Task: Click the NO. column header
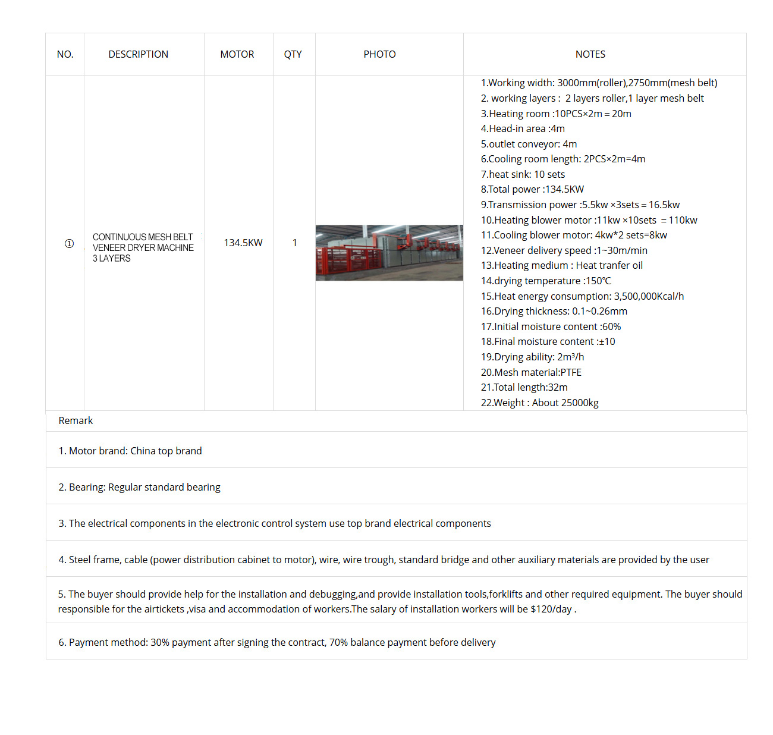65,54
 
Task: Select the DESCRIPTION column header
138,54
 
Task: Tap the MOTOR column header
237,54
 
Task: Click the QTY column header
293,54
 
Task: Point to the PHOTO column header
379,54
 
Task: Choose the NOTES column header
590,54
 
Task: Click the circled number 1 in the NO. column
69,243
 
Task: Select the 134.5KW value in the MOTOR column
243,243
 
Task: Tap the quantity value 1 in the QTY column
294,243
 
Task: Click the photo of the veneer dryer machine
389,253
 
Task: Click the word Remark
76,420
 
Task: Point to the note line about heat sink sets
523,174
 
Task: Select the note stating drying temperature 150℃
546,281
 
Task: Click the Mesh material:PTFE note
531,372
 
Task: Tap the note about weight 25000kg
539,403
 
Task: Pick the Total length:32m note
524,387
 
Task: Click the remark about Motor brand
130,451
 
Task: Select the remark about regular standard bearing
139,487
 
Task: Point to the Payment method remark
276,642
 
